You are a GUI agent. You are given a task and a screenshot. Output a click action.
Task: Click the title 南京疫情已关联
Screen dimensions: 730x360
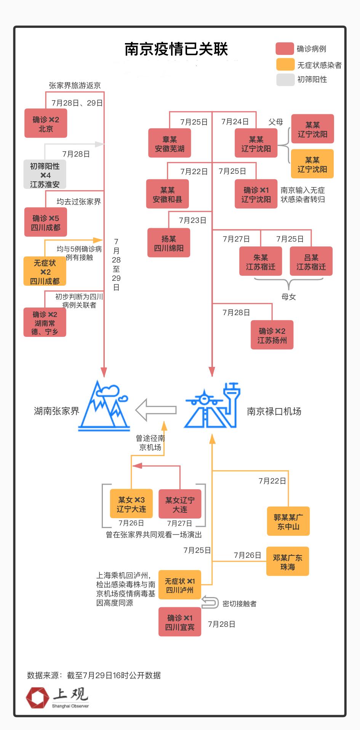(176, 49)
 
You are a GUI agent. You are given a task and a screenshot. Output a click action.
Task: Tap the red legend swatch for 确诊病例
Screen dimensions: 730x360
(285, 49)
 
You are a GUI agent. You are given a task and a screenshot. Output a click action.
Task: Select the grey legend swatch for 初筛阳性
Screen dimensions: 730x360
(285, 80)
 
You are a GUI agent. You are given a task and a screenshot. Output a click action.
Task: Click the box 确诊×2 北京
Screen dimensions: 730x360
(46, 123)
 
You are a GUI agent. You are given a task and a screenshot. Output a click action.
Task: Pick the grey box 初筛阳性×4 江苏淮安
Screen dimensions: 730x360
(45, 174)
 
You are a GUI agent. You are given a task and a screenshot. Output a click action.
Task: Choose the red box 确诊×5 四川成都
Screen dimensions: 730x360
(45, 222)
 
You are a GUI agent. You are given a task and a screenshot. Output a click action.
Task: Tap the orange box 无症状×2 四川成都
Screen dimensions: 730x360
(45, 271)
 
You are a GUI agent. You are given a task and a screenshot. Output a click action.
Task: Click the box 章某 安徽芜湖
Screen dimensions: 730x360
(170, 143)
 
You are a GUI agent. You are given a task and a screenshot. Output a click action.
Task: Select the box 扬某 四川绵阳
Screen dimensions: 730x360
(169, 243)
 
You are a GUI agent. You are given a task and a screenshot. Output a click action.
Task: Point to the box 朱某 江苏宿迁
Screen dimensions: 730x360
(261, 262)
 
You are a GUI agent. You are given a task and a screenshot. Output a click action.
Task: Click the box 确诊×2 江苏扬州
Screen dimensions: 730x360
(272, 335)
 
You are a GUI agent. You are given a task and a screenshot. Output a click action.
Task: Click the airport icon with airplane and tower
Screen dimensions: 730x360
(212, 406)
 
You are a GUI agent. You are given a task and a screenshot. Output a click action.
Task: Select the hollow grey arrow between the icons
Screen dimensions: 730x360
(156, 410)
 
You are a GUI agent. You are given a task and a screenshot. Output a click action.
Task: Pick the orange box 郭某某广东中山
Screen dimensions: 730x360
(288, 522)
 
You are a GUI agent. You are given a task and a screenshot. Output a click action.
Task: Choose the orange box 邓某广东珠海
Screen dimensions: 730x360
(287, 562)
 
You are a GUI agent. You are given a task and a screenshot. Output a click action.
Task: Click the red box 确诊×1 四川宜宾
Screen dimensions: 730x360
(180, 622)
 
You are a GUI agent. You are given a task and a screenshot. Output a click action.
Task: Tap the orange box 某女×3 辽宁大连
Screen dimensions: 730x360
(131, 504)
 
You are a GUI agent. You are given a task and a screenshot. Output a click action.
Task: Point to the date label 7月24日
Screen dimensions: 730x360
(235, 122)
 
